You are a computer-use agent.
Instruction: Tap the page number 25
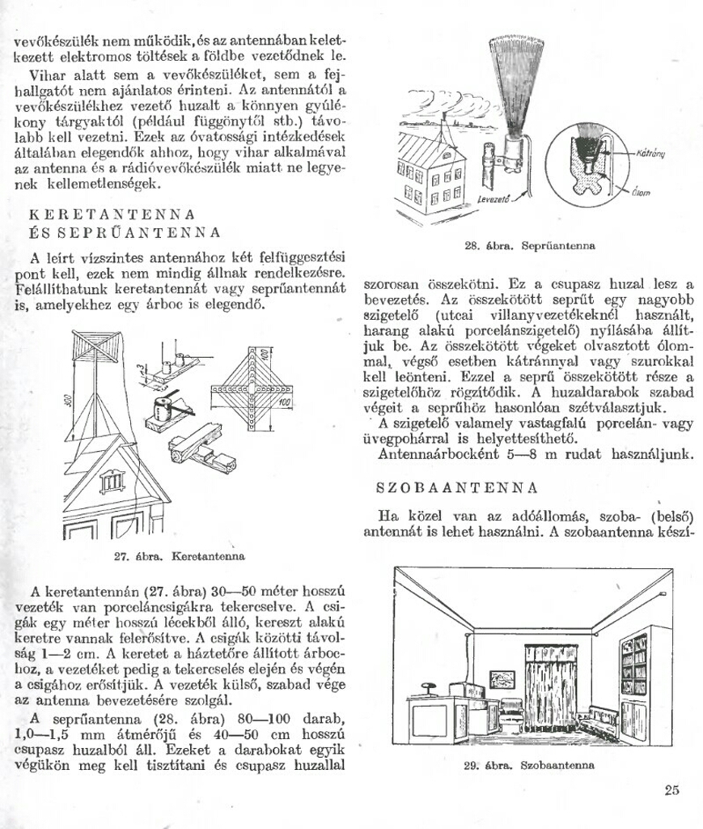point(671,790)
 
